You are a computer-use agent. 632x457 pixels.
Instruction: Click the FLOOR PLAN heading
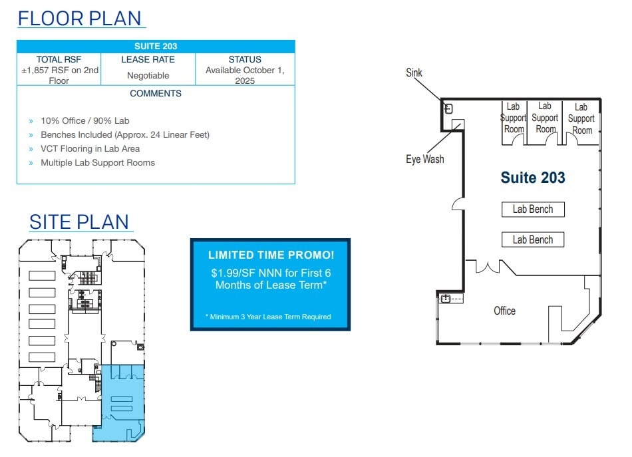tap(80, 18)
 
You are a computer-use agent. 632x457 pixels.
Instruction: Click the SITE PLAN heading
tap(79, 221)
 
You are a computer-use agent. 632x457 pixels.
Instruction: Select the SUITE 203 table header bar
tap(156, 47)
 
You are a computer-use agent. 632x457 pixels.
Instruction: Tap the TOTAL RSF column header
tap(59, 59)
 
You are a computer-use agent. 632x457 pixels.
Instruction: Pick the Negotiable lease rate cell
tap(148, 76)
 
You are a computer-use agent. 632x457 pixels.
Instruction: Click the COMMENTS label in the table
tap(156, 94)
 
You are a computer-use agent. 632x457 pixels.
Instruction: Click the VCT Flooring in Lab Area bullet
tap(90, 149)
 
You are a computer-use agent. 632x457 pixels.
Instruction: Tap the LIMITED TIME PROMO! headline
tap(270, 255)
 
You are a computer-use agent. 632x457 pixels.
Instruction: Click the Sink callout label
tap(414, 73)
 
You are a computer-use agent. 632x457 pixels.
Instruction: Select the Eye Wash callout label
tap(424, 160)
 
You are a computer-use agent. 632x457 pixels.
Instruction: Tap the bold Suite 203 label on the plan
tap(532, 178)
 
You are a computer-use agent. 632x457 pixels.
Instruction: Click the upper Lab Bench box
tap(532, 210)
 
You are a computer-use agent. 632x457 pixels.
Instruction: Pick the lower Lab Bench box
tap(532, 239)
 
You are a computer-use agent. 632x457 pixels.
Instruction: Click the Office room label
tap(504, 311)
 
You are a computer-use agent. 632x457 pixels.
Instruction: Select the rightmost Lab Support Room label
tap(581, 118)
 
